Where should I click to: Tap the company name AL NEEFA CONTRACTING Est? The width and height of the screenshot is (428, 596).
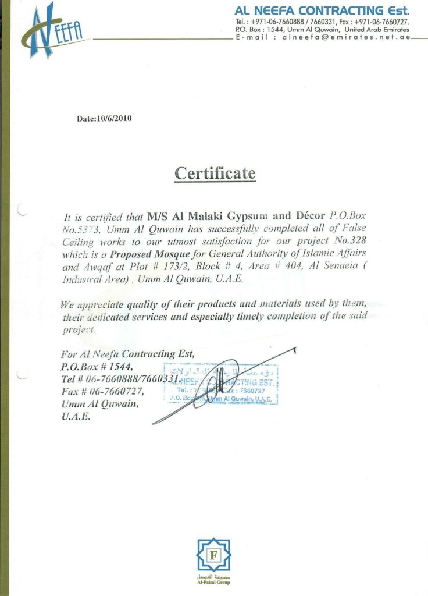[x=322, y=10]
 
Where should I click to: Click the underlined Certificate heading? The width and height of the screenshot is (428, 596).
[x=215, y=173]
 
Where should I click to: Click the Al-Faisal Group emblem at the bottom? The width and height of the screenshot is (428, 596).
[x=213, y=557]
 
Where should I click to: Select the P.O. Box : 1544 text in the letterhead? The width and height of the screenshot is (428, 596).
[x=259, y=29]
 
